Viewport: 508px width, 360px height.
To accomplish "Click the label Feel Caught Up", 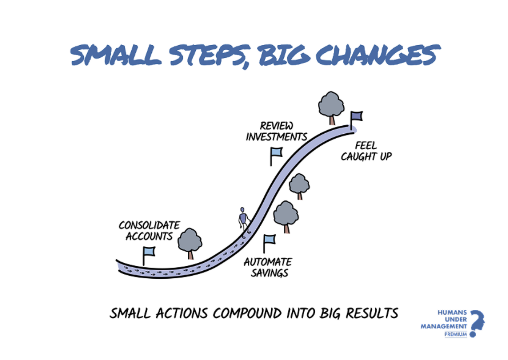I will [x=366, y=151].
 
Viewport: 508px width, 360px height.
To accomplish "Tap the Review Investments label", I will [x=276, y=131].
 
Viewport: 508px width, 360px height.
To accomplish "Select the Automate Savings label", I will [x=268, y=267].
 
